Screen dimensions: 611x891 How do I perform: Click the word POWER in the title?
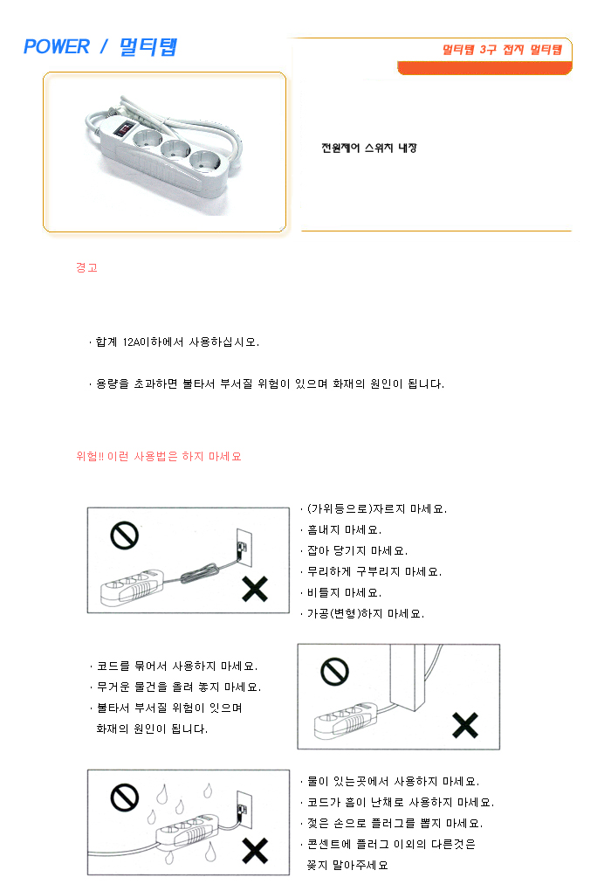[x=56, y=46]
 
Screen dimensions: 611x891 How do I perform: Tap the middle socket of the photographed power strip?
[x=175, y=148]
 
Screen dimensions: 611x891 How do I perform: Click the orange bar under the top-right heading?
[x=484, y=68]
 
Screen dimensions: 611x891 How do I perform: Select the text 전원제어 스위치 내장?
[x=369, y=148]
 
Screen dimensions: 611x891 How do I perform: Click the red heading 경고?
[x=87, y=267]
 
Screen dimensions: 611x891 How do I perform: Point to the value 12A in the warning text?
[x=131, y=342]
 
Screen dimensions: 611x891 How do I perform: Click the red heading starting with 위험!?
[x=159, y=456]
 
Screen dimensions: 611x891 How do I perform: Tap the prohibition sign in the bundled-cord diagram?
[x=124, y=535]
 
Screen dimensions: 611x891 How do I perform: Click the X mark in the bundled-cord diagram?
[x=255, y=589]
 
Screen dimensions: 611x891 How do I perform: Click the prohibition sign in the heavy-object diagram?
[x=335, y=672]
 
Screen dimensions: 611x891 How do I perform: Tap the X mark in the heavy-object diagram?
[x=465, y=725]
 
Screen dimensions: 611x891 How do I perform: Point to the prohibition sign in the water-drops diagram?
[x=124, y=798]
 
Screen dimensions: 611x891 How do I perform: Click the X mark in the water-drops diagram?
[x=255, y=851]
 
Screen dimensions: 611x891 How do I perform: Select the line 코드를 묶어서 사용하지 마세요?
[x=174, y=666]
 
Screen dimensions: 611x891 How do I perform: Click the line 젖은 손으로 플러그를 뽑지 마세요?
[x=391, y=824]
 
